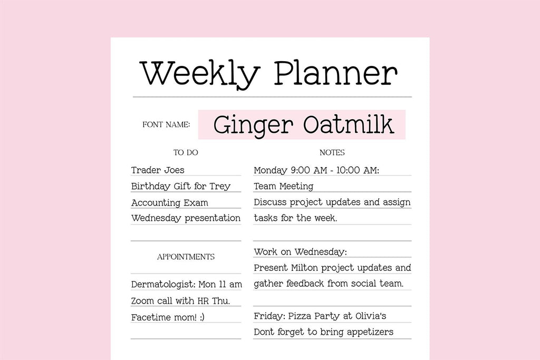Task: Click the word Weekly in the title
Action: point(199,73)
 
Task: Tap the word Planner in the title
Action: point(335,73)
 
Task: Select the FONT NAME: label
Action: point(166,125)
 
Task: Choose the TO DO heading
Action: point(186,152)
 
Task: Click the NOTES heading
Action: point(332,152)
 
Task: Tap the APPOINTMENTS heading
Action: point(186,257)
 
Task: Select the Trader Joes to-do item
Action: point(158,170)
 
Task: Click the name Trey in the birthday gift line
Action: point(220,186)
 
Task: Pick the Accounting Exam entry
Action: point(169,202)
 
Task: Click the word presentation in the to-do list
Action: point(213,218)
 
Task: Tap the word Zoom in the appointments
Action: point(143,301)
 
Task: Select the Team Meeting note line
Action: point(283,186)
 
